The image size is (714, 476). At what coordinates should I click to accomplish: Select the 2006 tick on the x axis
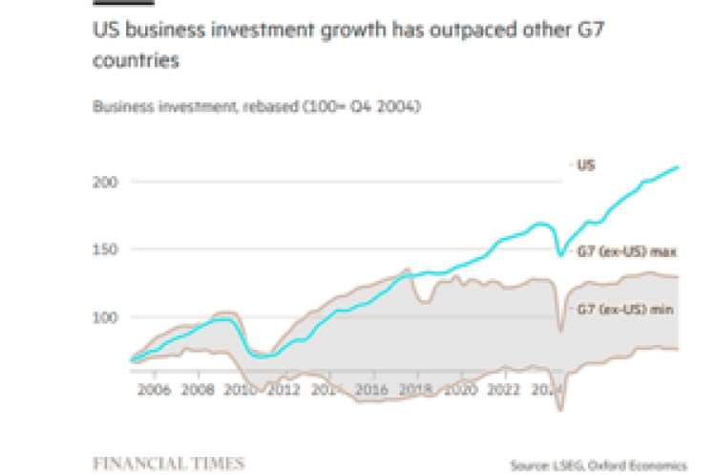[154, 390]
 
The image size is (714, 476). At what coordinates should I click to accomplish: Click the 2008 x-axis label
[198, 390]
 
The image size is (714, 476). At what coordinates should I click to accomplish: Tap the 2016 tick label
[372, 390]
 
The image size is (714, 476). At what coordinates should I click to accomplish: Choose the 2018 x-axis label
[416, 390]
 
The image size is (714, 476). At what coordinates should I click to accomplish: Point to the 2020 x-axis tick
[460, 390]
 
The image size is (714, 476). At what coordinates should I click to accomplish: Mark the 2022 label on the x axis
[504, 390]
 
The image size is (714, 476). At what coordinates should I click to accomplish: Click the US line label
[586, 164]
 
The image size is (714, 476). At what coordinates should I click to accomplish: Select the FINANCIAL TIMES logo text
[167, 463]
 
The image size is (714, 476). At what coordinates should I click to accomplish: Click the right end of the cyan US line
[678, 167]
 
